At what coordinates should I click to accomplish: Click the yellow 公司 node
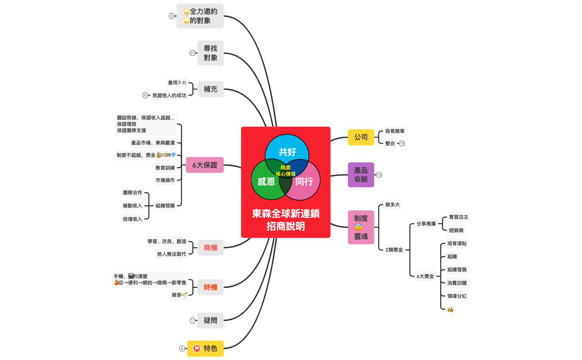click(361, 137)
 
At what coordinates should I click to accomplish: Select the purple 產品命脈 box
click(361, 175)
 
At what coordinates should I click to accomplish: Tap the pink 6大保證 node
click(205, 165)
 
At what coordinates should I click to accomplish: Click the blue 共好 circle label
click(287, 152)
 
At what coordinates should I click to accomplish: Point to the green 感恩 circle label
click(266, 182)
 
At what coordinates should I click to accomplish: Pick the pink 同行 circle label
click(304, 182)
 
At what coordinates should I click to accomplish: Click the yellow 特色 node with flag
click(205, 348)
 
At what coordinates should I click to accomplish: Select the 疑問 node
click(210, 320)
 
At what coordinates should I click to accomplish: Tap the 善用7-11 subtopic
click(177, 83)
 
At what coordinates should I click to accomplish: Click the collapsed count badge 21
click(192, 53)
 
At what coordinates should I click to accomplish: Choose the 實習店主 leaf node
click(459, 217)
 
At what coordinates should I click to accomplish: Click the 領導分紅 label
click(457, 296)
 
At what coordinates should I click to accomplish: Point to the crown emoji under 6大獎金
click(450, 309)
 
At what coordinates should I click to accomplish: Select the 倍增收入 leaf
click(132, 219)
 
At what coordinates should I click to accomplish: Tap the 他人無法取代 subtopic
click(171, 254)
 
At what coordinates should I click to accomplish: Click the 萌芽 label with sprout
click(179, 295)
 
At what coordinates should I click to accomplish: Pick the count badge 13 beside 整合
click(402, 143)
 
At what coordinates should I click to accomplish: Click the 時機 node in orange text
click(210, 287)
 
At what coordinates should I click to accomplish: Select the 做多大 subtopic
click(392, 205)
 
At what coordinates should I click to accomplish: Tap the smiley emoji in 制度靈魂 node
click(358, 228)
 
